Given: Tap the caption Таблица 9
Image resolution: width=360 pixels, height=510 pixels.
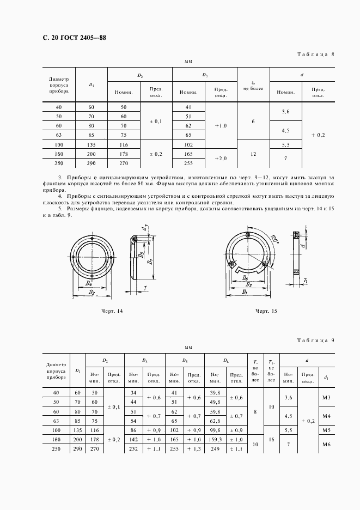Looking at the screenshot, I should [315, 340].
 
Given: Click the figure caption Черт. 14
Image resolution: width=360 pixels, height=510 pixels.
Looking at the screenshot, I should [112, 311].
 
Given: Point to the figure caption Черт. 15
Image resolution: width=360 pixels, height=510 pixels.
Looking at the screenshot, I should [266, 311].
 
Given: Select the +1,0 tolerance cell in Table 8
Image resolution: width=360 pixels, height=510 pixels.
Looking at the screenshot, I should [221, 125].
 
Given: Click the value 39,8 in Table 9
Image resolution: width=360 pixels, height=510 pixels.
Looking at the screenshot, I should [215, 393].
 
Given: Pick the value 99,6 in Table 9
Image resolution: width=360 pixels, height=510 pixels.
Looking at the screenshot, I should [215, 430].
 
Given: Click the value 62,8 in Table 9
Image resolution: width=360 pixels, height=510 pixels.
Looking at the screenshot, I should [215, 420].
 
